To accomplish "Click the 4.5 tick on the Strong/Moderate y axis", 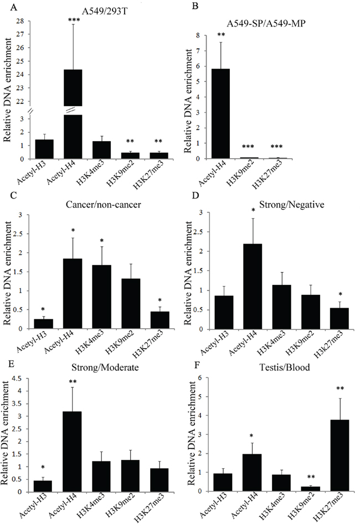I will click(x=22, y=379).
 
